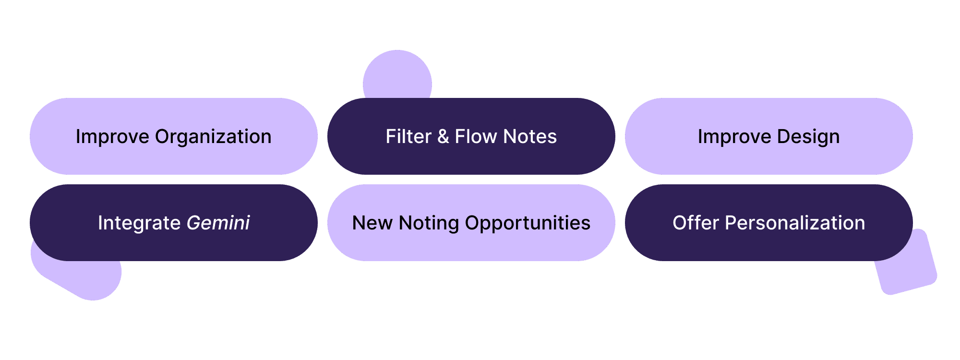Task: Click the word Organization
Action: coord(213,137)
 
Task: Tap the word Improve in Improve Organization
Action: coord(112,137)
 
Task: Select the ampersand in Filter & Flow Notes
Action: coord(443,137)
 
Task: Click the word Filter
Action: coord(408,137)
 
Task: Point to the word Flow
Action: coord(475,137)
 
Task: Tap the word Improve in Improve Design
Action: coord(734,137)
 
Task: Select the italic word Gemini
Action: coord(218,223)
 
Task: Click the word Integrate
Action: coord(139,223)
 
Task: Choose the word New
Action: coord(372,223)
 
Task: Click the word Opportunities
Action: coord(528,223)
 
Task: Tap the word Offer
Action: coord(696,223)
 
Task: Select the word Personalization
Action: coord(795,223)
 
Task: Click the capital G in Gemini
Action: coord(193,223)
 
